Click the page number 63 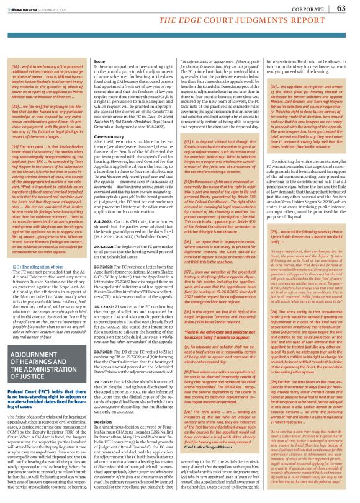pos(341,8)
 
